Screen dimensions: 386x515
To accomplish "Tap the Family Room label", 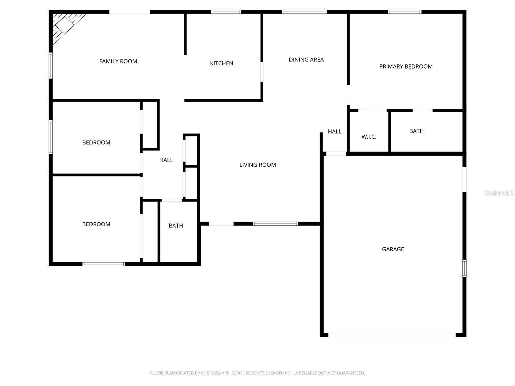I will click(x=118, y=61).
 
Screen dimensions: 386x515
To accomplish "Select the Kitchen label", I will click(x=221, y=63).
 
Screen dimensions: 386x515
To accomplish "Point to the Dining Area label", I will click(x=306, y=60).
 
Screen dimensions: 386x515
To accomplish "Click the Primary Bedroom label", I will click(x=406, y=67).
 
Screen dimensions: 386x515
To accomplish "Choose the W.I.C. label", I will click(x=369, y=137).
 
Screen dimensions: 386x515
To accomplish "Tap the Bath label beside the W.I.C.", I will click(x=416, y=131).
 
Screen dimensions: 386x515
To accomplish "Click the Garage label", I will click(x=393, y=249).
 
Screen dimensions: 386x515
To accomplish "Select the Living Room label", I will click(x=257, y=165).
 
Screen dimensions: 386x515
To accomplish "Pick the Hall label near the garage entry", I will click(x=334, y=131).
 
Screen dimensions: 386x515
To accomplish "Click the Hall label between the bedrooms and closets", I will click(x=166, y=160).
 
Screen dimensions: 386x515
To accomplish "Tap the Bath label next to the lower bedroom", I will click(x=176, y=226).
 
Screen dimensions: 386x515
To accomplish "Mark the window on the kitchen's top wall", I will click(x=226, y=12).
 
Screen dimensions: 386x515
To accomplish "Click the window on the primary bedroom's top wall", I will click(x=405, y=12).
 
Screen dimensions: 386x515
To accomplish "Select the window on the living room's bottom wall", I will click(x=275, y=224).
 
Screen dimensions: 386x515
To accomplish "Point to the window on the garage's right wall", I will click(x=464, y=268).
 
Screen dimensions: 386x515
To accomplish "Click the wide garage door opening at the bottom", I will click(x=392, y=335).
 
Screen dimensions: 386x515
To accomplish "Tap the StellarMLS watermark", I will click(x=499, y=193).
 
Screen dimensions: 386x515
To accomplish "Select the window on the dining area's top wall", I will click(x=304, y=12).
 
